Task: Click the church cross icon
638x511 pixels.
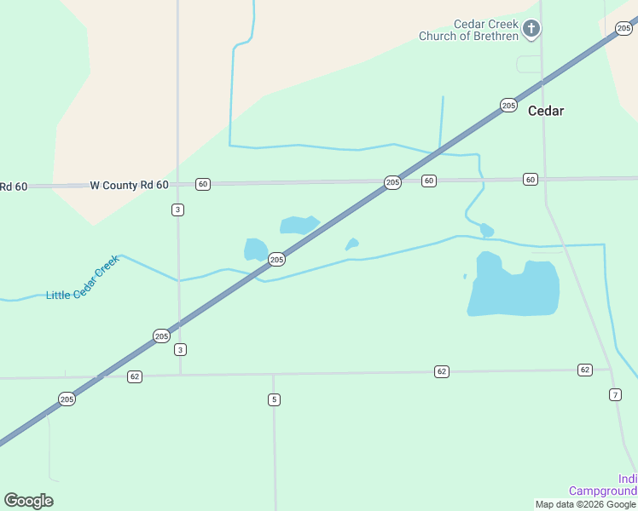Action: tap(531, 29)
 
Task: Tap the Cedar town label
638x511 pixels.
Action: tap(546, 111)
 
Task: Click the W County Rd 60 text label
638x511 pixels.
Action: tap(129, 185)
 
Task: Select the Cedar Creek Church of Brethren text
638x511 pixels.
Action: tap(468, 30)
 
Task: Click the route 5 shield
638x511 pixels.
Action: tap(274, 399)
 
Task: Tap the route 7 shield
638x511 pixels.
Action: tap(615, 394)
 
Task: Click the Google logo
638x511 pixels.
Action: tap(28, 501)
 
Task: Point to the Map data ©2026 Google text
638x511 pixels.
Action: tap(585, 504)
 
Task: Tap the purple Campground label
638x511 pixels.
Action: tap(603, 491)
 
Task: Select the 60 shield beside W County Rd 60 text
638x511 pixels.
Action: tap(202, 184)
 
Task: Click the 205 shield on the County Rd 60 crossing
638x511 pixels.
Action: tap(392, 182)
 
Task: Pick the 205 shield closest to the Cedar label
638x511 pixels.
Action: tap(508, 106)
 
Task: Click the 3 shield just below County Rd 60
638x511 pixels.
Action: tap(177, 210)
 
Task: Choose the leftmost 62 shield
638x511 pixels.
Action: tap(135, 376)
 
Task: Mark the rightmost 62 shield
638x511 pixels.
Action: tap(584, 370)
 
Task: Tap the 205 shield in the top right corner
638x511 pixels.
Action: tap(623, 28)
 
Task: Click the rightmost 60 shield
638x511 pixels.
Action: tap(531, 179)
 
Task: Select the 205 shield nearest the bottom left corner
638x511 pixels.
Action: tap(67, 399)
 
